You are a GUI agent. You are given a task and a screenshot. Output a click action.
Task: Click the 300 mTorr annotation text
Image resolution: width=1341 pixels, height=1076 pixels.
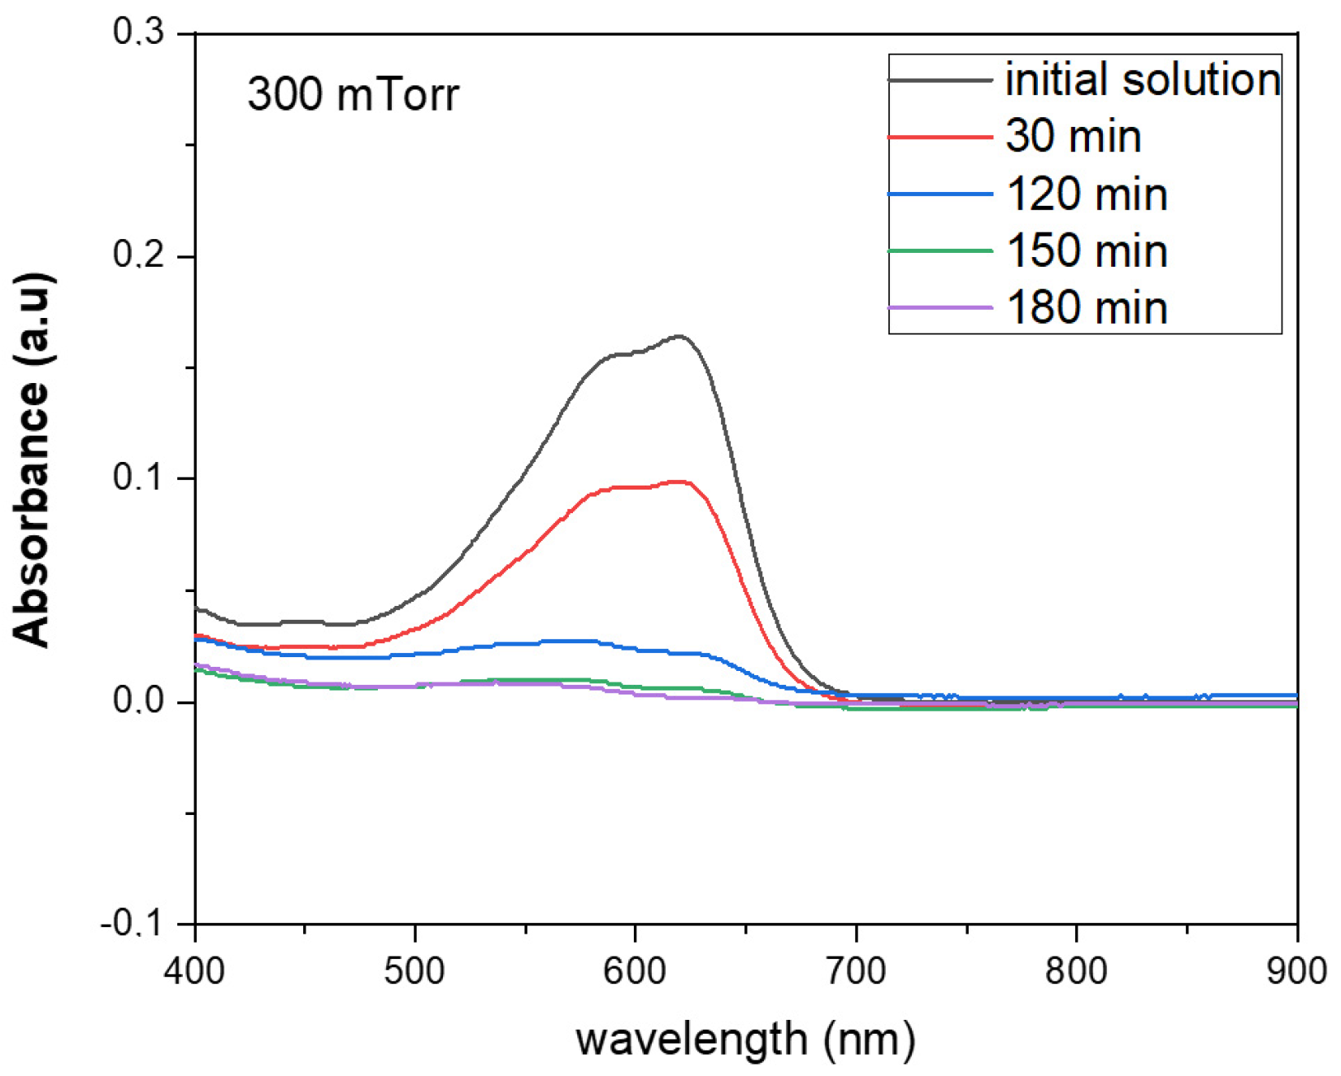click(x=353, y=94)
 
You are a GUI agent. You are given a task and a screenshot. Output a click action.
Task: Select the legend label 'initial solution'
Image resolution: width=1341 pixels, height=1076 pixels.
click(x=1143, y=80)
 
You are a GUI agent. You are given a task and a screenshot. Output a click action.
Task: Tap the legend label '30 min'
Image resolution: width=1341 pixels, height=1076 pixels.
click(x=1073, y=136)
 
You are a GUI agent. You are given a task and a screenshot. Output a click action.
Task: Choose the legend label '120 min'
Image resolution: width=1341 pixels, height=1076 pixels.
click(x=1087, y=194)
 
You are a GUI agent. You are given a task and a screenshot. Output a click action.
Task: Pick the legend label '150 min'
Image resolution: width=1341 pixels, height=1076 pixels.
click(x=1087, y=250)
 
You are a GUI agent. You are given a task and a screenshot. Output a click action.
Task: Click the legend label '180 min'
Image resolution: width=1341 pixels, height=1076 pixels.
click(x=1087, y=307)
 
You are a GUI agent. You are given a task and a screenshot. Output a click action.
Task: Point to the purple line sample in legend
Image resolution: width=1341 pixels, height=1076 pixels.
click(x=940, y=308)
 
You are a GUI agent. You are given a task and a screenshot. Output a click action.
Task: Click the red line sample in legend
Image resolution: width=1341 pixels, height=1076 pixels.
click(x=940, y=137)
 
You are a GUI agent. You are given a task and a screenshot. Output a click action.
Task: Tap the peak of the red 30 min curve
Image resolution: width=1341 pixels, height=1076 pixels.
click(x=679, y=481)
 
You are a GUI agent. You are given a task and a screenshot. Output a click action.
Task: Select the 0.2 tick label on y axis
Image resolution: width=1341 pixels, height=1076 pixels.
click(x=138, y=255)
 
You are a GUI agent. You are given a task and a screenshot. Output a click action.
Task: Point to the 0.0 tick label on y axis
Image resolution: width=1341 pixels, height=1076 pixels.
click(x=138, y=700)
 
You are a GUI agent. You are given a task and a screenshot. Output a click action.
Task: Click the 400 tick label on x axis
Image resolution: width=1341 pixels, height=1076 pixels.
click(x=194, y=971)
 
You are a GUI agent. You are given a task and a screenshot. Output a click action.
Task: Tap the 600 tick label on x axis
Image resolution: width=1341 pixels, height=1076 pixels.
click(x=635, y=971)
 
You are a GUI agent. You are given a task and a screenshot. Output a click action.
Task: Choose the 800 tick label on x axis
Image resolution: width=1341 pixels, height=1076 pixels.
click(x=1076, y=971)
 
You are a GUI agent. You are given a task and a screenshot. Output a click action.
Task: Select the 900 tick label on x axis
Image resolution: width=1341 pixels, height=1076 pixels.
click(x=1295, y=971)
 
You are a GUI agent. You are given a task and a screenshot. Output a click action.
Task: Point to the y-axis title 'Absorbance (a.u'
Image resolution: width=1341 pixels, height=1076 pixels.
click(x=33, y=460)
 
